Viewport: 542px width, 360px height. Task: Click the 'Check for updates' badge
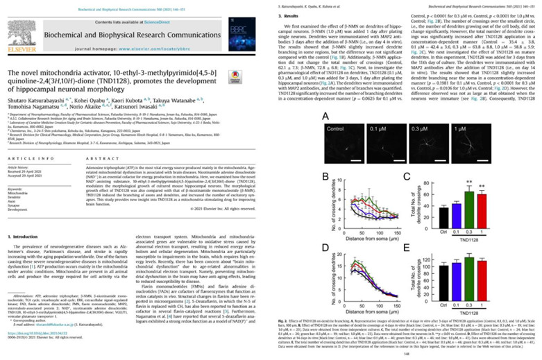click(246, 76)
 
